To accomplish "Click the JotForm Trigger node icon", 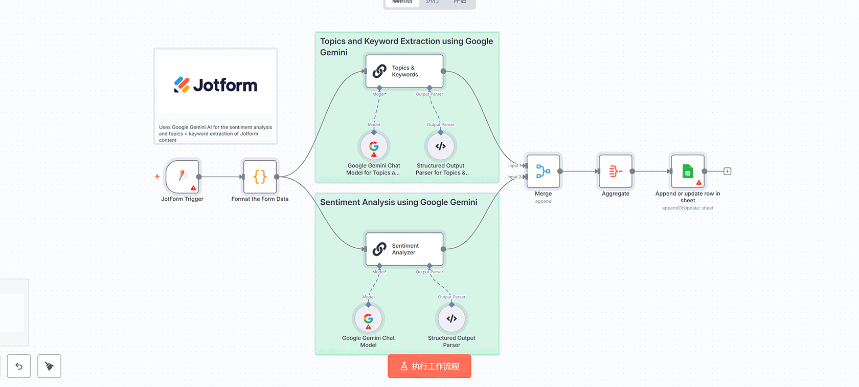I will click(x=182, y=176).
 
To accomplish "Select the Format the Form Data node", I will click(x=260, y=177).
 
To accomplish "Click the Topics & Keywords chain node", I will click(x=404, y=71).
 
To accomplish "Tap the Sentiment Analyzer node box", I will click(x=404, y=249).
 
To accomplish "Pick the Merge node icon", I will click(x=543, y=171).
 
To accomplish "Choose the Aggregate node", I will click(x=616, y=171).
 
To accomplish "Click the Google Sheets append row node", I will click(x=688, y=171).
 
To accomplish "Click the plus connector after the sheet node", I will click(x=727, y=171).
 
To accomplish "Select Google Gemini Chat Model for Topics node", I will click(x=374, y=146).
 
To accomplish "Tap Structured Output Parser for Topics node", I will click(x=440, y=146).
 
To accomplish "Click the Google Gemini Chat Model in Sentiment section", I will click(x=368, y=318).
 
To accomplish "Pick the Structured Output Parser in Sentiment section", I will click(x=451, y=318).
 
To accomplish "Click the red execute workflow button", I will click(x=429, y=366).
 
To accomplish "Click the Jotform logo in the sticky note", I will click(x=215, y=85).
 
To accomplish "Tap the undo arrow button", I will click(x=19, y=366).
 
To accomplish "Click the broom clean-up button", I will click(x=49, y=366).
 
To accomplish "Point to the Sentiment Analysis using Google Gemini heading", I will click(x=398, y=202).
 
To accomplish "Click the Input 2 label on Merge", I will click(x=514, y=177).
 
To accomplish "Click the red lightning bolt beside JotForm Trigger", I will click(x=157, y=177).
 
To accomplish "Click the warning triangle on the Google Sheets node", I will click(x=699, y=182).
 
